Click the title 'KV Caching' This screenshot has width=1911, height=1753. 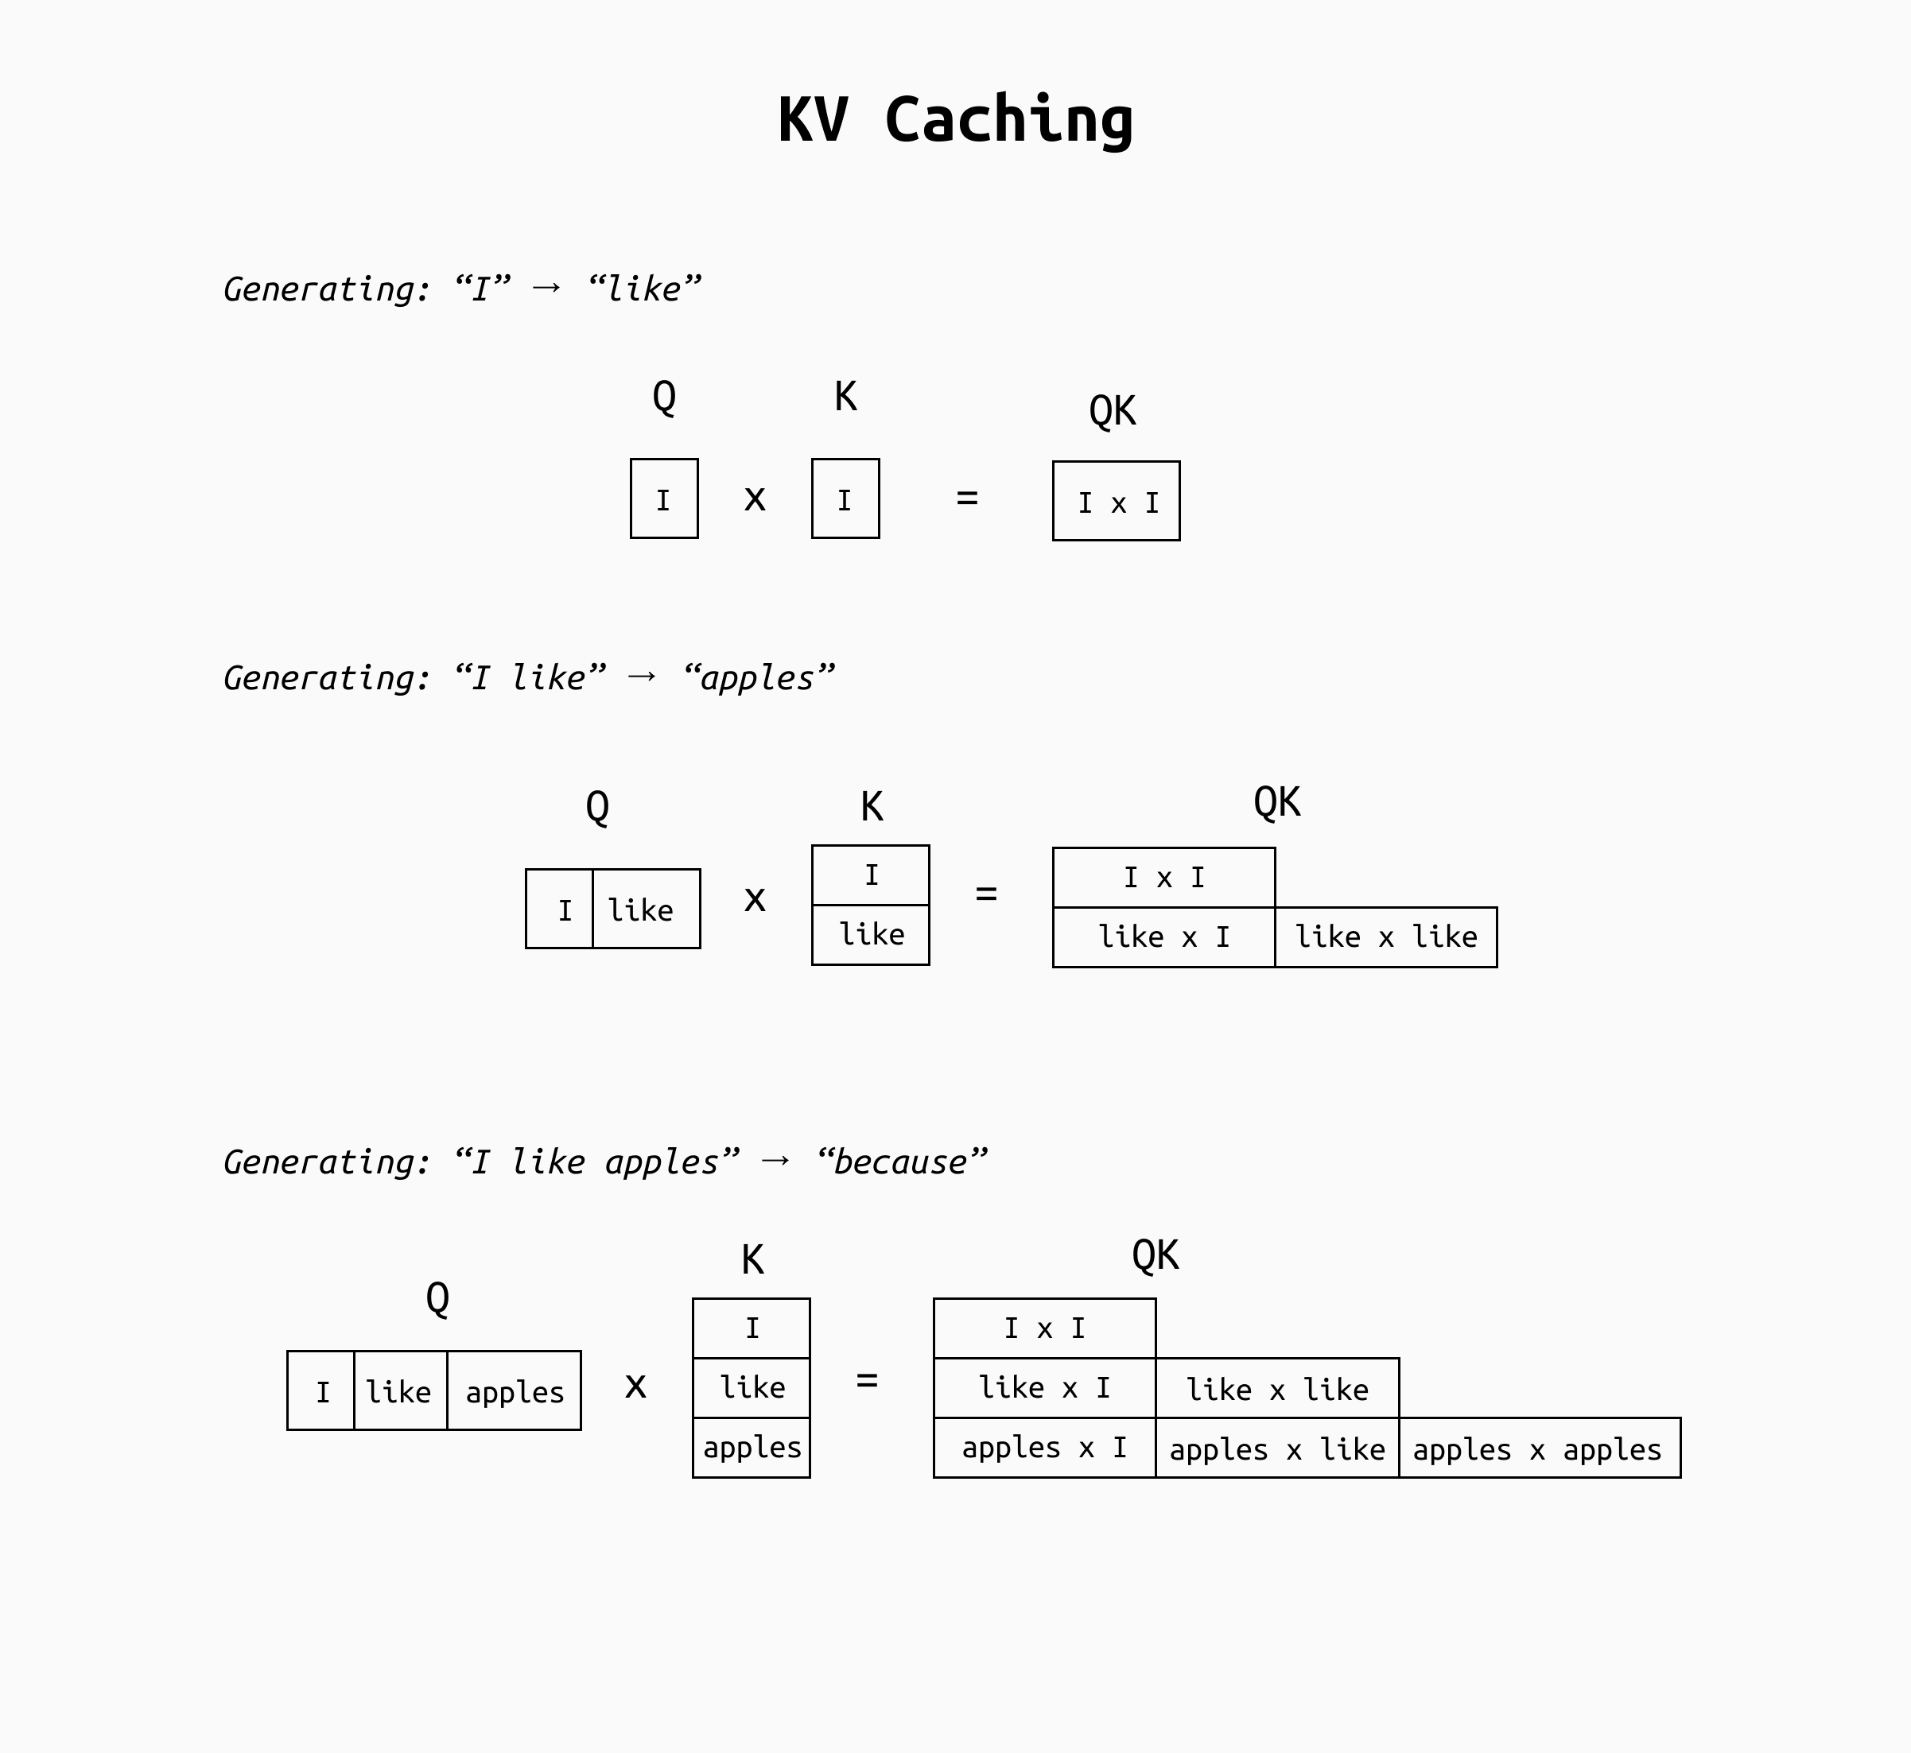(x=956, y=121)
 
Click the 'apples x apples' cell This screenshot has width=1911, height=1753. (x=1538, y=1449)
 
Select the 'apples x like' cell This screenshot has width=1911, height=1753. (x=1276, y=1449)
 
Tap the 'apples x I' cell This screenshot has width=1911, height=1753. (x=1043, y=1448)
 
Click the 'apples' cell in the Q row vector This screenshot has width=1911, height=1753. (x=515, y=1390)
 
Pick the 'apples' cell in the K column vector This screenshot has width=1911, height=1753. (x=752, y=1448)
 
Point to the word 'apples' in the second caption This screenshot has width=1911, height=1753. (x=757, y=678)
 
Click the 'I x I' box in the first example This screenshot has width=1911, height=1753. (x=1117, y=502)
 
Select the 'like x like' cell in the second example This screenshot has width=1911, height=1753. (x=1385, y=937)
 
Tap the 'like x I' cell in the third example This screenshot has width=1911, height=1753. (x=1043, y=1388)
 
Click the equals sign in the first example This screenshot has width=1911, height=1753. (x=967, y=497)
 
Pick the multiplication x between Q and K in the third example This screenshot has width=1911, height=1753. (x=635, y=1386)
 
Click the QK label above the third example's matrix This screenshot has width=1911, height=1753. (x=1155, y=1256)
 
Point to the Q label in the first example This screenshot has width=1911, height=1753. (x=664, y=397)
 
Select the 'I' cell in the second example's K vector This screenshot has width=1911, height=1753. (x=871, y=875)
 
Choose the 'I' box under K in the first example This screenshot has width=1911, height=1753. (x=845, y=499)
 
